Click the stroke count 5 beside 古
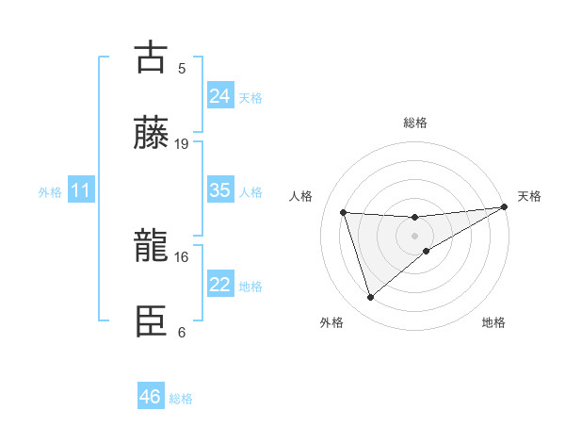[182, 68]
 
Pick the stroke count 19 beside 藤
[182, 143]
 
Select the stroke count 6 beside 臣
[182, 332]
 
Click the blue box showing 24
[220, 96]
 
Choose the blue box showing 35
[220, 190]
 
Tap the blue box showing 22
[220, 285]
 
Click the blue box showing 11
[81, 191]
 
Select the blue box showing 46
[151, 397]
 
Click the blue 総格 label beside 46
[182, 399]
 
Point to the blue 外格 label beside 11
[50, 192]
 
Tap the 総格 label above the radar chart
[415, 123]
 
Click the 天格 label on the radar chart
[530, 196]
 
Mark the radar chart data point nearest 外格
[370, 298]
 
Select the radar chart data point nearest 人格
[344, 212]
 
